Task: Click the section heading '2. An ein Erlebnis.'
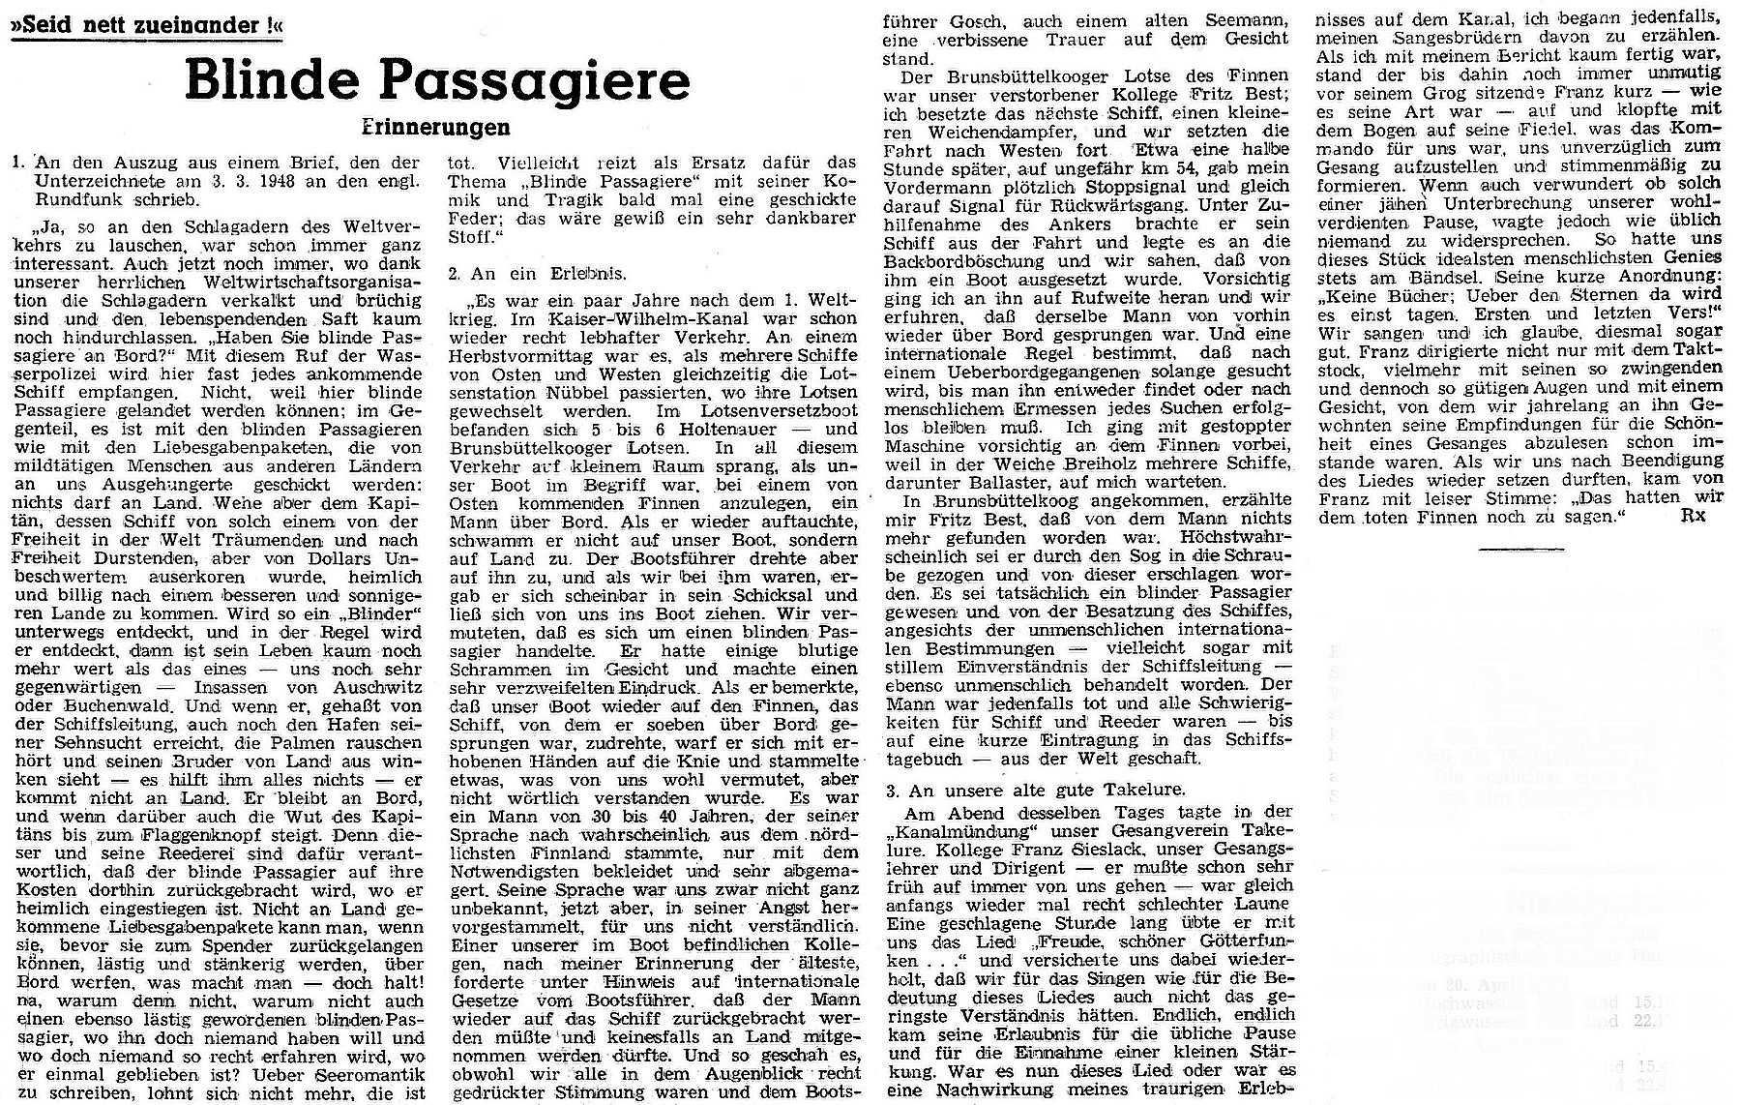(x=536, y=274)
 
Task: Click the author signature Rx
(x=1694, y=516)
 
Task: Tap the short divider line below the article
(x=1520, y=549)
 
